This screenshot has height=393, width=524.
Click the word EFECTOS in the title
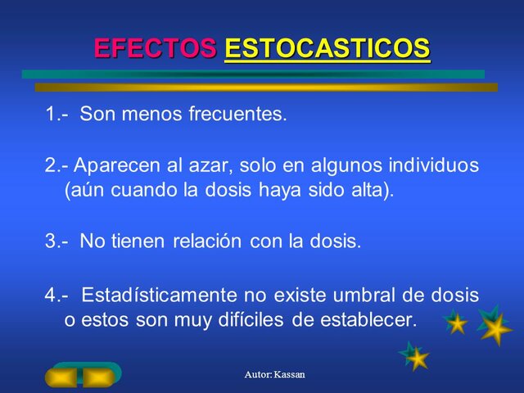156,48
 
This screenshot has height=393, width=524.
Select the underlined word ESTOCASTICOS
327,48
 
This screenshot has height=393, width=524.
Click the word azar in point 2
210,165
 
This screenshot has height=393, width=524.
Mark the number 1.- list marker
56,115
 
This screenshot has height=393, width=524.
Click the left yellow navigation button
62,377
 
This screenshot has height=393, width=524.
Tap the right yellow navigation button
99,377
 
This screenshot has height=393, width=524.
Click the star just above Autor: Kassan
415,356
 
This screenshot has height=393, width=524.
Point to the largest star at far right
495,327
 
